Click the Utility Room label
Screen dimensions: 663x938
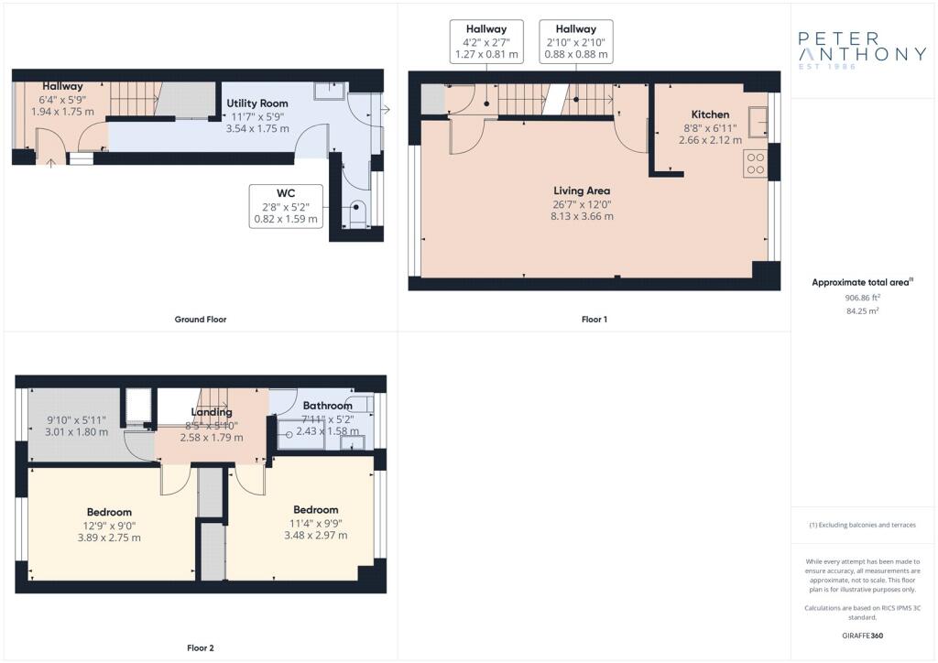pyautogui.click(x=257, y=103)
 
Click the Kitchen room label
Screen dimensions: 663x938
pyautogui.click(x=710, y=114)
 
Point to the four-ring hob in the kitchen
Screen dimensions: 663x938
pyautogui.click(x=756, y=163)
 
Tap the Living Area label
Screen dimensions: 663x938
pyautogui.click(x=582, y=190)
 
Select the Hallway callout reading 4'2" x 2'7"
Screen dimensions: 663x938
pyautogui.click(x=486, y=42)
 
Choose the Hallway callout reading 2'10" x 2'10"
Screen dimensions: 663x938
pyautogui.click(x=575, y=42)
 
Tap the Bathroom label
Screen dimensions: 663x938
pyautogui.click(x=327, y=406)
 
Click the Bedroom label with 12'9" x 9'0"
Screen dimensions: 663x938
pyautogui.click(x=109, y=512)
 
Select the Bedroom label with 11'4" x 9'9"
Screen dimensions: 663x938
pyautogui.click(x=315, y=509)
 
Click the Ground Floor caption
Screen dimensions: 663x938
pyautogui.click(x=200, y=320)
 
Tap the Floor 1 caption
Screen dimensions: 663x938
pyautogui.click(x=594, y=320)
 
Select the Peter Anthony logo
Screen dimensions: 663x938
pyautogui.click(x=861, y=49)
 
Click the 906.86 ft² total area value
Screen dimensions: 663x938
pyautogui.click(x=861, y=298)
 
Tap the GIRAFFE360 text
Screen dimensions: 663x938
pyautogui.click(x=861, y=636)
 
